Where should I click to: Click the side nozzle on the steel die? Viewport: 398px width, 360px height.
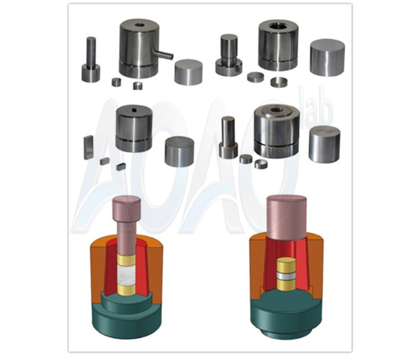164,55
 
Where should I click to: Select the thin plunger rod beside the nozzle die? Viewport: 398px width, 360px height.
91,52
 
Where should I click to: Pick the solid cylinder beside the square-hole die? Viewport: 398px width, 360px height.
180,151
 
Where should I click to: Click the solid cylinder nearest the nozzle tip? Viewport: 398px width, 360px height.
188,72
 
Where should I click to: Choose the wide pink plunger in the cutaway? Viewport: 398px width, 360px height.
287,216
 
